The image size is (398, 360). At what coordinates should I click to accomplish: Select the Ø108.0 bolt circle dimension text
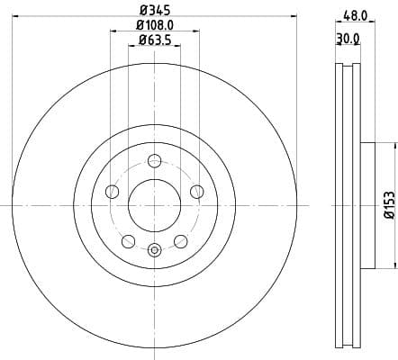point(154,27)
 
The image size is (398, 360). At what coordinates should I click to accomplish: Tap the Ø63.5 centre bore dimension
point(154,41)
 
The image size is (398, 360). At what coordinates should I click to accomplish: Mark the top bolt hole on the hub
point(154,162)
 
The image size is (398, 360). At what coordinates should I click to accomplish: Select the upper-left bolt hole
point(113,191)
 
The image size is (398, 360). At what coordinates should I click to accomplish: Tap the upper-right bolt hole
point(196,190)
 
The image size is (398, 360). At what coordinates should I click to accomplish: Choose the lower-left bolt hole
point(129,240)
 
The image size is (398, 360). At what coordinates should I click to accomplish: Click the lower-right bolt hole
point(180,240)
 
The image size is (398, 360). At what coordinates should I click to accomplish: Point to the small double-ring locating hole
point(154,249)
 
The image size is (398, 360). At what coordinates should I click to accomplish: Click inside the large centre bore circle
point(154,205)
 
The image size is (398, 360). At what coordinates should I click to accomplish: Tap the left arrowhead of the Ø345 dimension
point(15,19)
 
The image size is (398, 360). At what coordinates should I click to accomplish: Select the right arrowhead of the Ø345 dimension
point(294,19)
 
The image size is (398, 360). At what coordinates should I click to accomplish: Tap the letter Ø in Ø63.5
point(140,41)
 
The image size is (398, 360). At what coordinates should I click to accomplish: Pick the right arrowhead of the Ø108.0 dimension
point(197,32)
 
